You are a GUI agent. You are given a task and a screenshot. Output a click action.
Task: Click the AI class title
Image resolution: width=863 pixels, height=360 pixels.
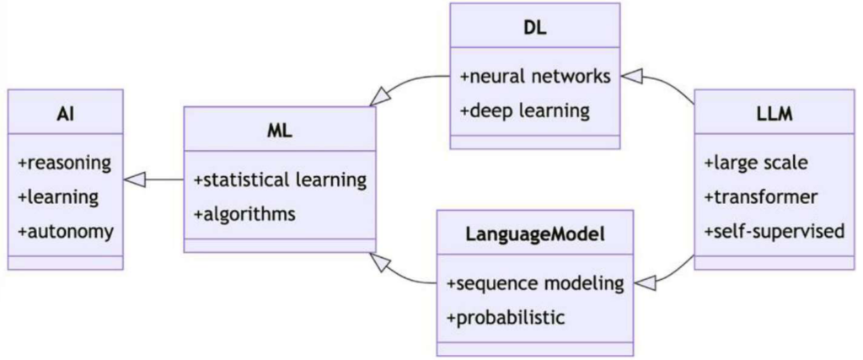click(66, 113)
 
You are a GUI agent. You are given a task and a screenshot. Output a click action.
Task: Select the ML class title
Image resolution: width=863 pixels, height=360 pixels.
click(279, 130)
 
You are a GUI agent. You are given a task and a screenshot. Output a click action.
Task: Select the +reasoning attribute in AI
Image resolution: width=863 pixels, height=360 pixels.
click(65, 162)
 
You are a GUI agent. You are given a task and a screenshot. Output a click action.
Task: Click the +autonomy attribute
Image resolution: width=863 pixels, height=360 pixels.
click(66, 230)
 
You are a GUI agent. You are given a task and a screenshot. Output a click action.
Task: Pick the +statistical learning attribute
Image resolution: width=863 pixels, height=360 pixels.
click(280, 179)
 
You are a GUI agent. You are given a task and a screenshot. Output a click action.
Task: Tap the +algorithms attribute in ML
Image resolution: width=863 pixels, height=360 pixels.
click(245, 213)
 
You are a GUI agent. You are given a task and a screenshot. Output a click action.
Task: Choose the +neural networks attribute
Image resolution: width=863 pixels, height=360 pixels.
click(535, 76)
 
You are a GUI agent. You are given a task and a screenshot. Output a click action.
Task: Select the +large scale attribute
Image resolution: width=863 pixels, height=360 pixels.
click(755, 163)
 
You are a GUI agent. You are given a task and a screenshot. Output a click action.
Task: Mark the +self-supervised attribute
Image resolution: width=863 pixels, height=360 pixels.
click(774, 230)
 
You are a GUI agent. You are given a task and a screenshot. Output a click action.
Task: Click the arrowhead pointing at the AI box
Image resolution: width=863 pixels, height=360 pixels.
click(135, 179)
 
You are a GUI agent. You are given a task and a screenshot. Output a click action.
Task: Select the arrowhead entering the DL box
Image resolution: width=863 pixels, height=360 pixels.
click(632, 78)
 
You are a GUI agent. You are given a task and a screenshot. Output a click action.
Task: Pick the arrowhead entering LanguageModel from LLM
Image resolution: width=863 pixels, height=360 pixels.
click(644, 283)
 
